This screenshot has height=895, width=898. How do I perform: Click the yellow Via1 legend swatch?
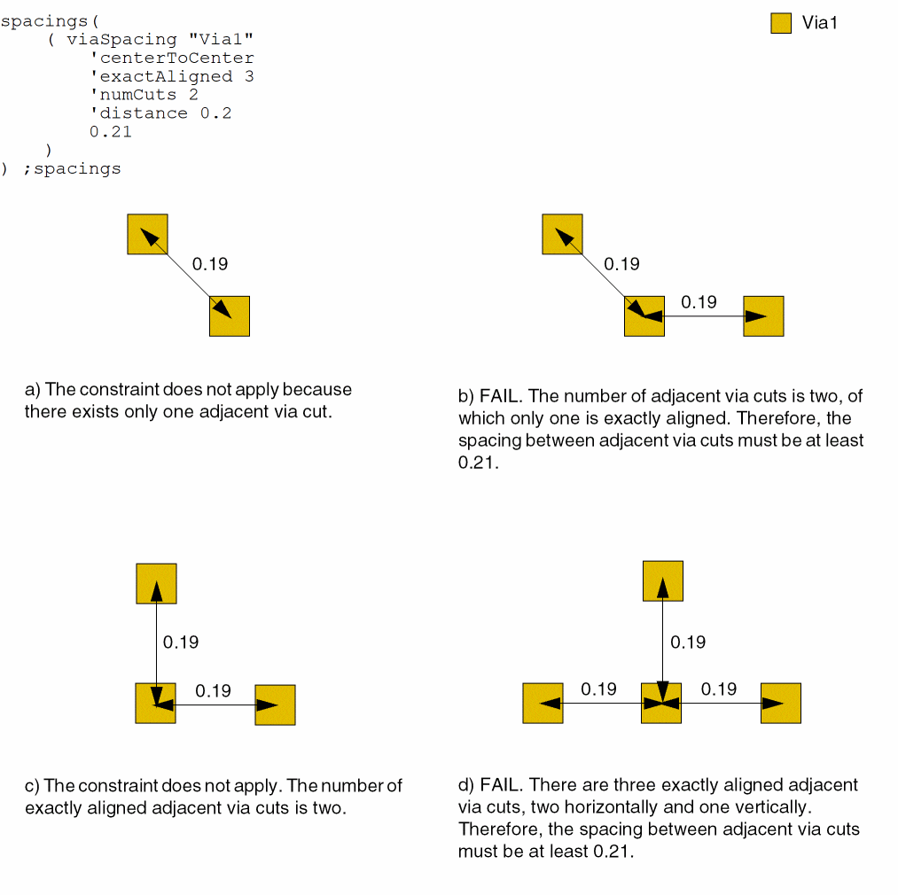781,23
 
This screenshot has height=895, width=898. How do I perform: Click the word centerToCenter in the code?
177,58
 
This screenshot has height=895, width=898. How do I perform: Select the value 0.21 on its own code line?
111,132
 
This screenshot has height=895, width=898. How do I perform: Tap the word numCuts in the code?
138,95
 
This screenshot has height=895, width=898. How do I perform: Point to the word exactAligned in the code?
166,76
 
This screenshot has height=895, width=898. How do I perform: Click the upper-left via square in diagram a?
147,234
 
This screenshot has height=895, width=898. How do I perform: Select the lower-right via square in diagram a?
230,316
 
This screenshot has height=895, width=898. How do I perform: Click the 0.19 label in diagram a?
209,264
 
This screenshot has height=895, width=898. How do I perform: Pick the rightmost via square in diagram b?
763,316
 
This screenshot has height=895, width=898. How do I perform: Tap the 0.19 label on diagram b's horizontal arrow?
699,302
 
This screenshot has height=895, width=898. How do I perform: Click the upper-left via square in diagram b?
562,234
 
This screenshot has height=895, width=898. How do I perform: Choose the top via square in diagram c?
156,583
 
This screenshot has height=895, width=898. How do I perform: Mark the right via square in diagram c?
275,704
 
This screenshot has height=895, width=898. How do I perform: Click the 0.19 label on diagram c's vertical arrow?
181,642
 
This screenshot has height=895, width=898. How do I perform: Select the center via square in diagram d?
661,704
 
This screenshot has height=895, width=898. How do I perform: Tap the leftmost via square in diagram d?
543,704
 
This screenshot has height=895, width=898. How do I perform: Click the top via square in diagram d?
663,581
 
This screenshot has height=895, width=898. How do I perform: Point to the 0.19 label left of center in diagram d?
598,689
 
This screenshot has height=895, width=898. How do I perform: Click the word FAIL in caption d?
501,784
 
